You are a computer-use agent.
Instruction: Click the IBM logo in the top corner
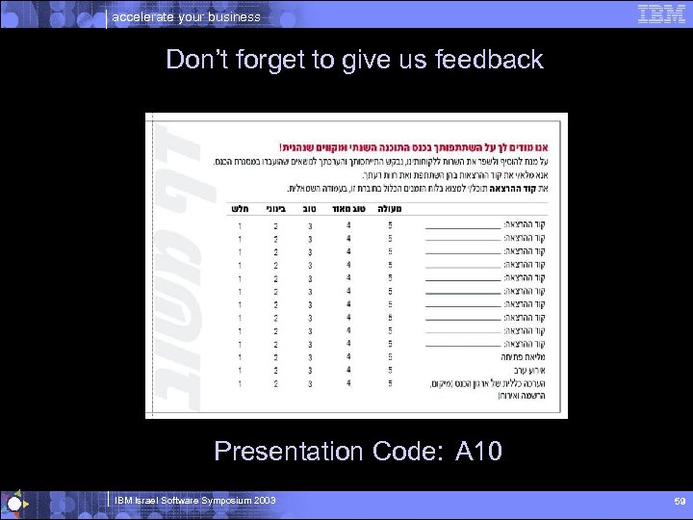point(661,13)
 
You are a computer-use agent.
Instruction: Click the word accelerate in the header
point(145,16)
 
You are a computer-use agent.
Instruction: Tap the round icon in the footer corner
point(13,504)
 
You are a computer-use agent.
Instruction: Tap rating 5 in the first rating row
point(390,225)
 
